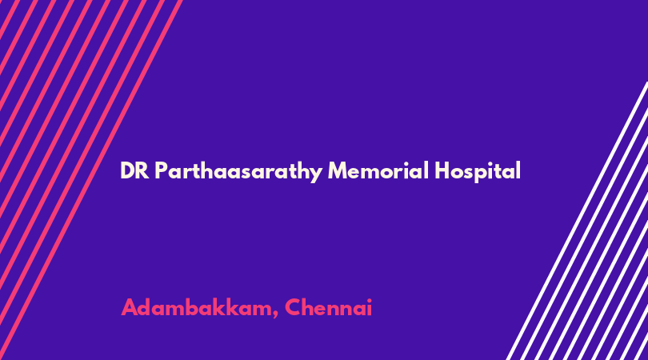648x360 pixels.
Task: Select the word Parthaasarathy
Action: pos(238,171)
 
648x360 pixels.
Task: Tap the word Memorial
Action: pos(378,170)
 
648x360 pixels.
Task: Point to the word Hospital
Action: pos(478,171)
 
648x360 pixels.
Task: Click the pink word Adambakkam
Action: pos(196,307)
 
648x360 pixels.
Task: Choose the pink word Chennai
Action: pos(329,307)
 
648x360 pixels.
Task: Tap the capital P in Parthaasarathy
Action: pos(162,170)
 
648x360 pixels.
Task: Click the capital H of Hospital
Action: pos(442,170)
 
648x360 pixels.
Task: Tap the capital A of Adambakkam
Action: pos(130,307)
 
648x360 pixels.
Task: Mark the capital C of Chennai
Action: pos(293,307)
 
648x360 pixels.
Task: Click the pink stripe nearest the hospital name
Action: pos(90,180)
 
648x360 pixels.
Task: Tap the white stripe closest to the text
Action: pos(578,221)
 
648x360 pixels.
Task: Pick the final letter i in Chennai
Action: pos(370,307)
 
